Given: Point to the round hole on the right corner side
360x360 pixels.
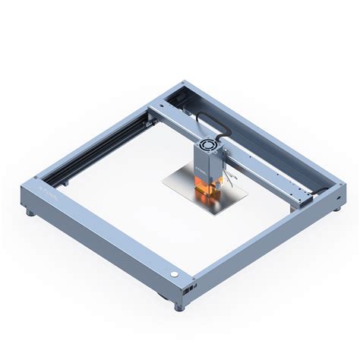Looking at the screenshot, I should click(x=337, y=197).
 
